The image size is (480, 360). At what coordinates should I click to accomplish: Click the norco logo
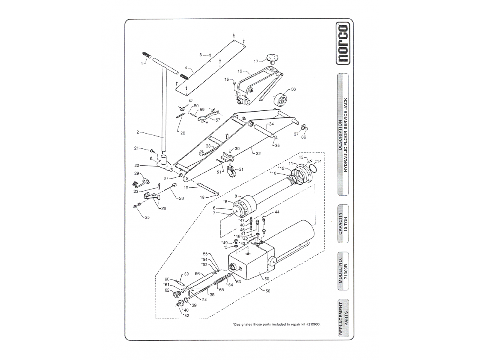(343, 44)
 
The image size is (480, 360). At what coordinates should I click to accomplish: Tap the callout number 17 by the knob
(256, 62)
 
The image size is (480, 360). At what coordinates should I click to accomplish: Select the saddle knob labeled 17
(272, 59)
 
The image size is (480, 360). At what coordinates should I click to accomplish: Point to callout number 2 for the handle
(138, 132)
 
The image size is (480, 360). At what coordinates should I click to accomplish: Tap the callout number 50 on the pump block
(267, 279)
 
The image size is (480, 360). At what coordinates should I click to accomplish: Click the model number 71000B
(346, 271)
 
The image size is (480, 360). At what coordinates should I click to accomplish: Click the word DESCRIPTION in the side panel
(340, 135)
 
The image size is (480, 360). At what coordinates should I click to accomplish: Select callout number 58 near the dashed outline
(268, 291)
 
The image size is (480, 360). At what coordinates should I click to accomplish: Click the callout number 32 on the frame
(258, 154)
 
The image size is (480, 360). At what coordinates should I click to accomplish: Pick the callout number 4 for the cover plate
(186, 68)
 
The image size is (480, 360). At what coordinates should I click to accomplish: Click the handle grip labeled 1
(147, 55)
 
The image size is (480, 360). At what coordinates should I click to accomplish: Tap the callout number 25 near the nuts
(147, 218)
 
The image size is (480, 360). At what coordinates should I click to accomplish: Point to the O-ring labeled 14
(314, 169)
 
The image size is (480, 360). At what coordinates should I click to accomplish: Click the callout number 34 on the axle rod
(271, 124)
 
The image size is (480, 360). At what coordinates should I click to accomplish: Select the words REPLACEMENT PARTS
(343, 319)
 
